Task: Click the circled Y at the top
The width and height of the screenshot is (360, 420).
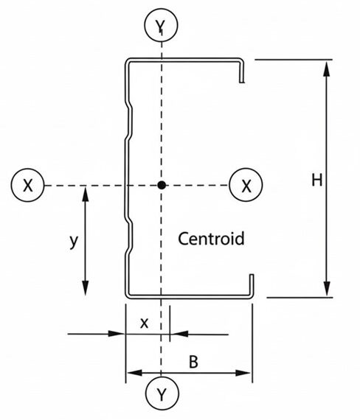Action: (161, 27)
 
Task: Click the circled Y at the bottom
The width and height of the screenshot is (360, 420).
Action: (161, 395)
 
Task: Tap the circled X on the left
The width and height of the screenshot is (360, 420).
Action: (27, 186)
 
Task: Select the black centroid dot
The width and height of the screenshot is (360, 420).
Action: (161, 186)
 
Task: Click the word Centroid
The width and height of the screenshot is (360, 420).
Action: (211, 239)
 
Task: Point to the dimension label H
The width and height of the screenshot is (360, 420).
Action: (316, 180)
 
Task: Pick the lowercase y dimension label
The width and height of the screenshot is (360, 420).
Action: (73, 241)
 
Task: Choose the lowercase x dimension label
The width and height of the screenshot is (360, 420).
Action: (144, 323)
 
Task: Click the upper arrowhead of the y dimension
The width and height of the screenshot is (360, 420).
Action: (86, 193)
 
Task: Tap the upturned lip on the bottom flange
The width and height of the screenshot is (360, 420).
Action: (252, 284)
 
